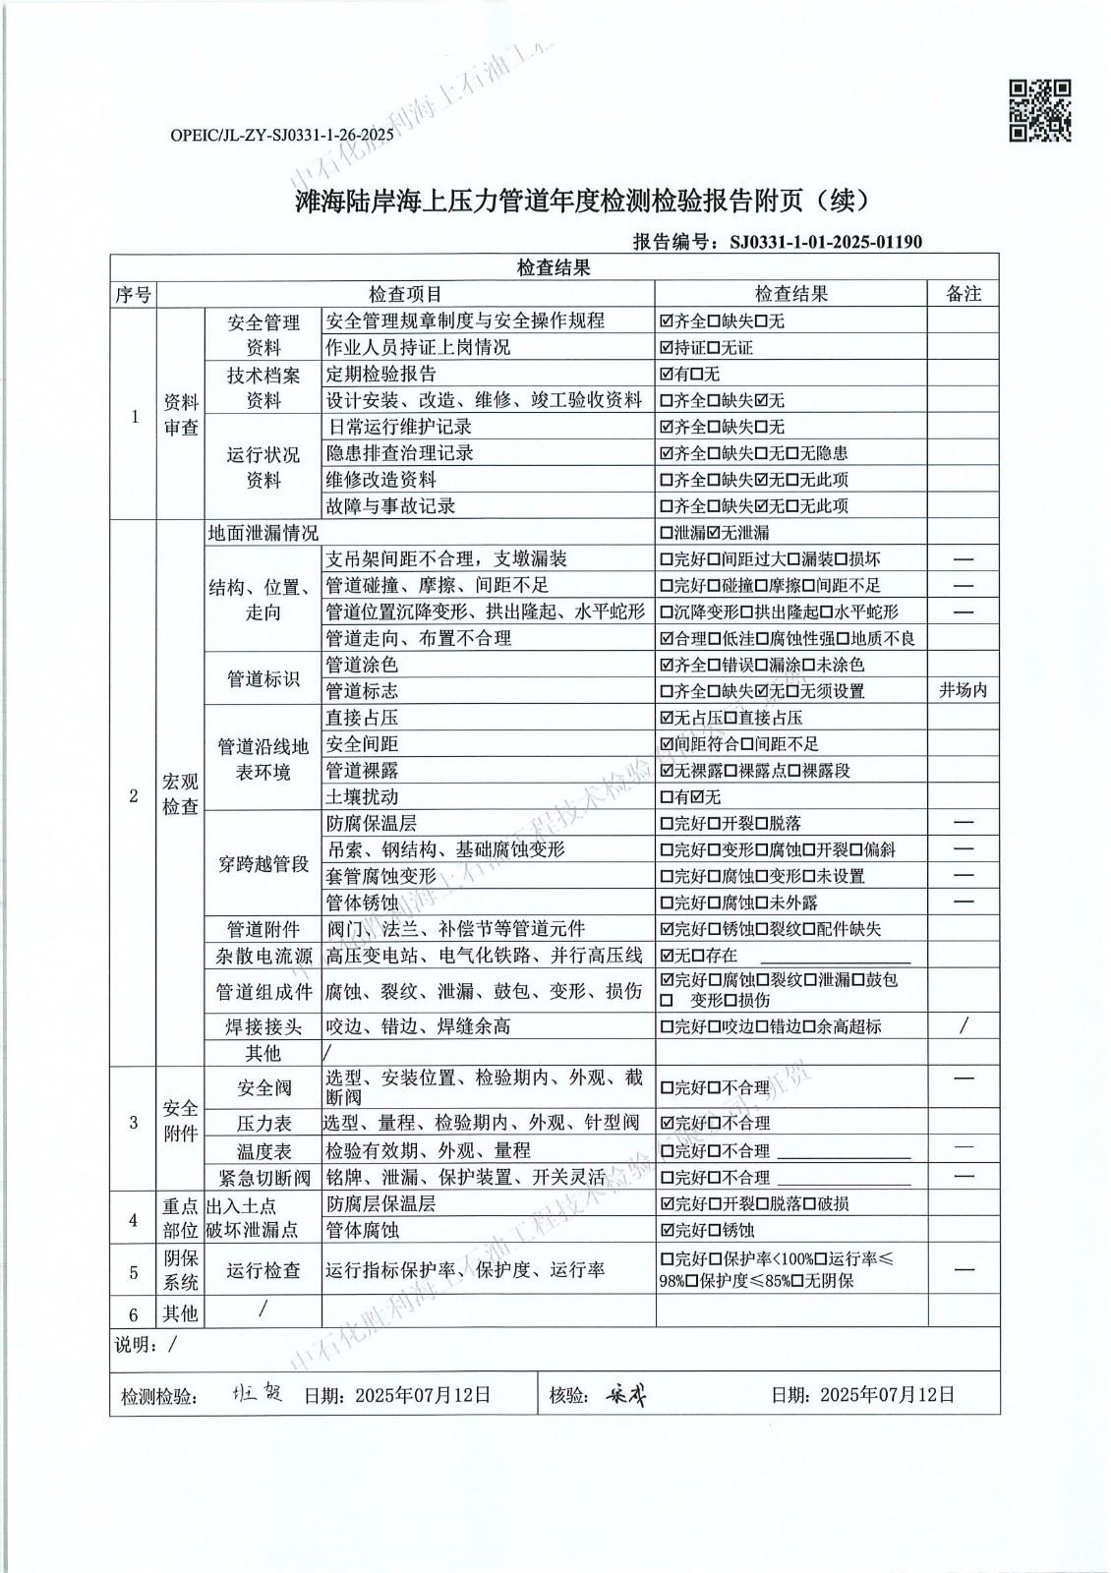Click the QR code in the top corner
(x=1040, y=110)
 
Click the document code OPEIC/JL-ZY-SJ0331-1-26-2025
(x=282, y=135)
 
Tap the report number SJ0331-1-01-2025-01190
(x=825, y=241)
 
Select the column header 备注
(x=963, y=294)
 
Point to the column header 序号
(x=134, y=294)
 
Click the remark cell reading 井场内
(x=963, y=691)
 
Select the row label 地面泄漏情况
(x=263, y=533)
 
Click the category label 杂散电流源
(x=263, y=956)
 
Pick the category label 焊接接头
(x=263, y=1026)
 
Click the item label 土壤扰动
(x=362, y=797)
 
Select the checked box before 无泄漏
(x=715, y=533)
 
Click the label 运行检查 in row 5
(x=263, y=1270)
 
